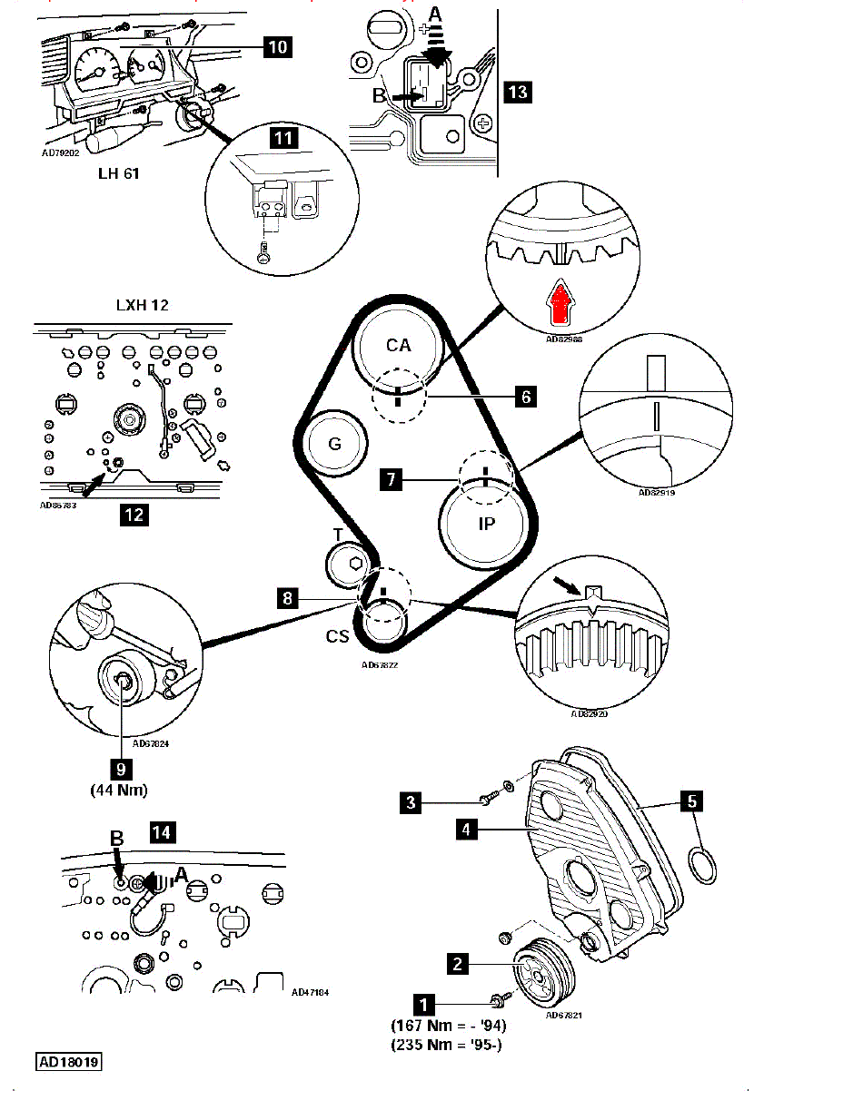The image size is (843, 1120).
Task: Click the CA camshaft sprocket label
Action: pyautogui.click(x=398, y=345)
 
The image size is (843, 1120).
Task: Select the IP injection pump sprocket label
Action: pyautogui.click(x=486, y=524)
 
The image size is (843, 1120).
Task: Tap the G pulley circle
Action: pyautogui.click(x=335, y=444)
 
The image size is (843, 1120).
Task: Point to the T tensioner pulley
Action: pyautogui.click(x=350, y=565)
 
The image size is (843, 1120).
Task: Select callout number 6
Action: pyautogui.click(x=524, y=396)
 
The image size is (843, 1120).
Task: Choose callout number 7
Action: pyautogui.click(x=391, y=478)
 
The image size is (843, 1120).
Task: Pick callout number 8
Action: pyautogui.click(x=289, y=598)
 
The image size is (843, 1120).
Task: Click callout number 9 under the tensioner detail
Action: pyautogui.click(x=122, y=768)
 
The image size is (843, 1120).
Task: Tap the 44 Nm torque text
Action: pyautogui.click(x=118, y=790)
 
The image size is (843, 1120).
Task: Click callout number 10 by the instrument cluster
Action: pyautogui.click(x=279, y=46)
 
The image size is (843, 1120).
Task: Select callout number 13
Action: pyautogui.click(x=518, y=92)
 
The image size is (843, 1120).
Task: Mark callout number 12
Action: pyautogui.click(x=134, y=515)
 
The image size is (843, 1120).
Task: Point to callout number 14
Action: pyautogui.click(x=163, y=832)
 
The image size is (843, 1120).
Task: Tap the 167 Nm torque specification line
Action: pyautogui.click(x=448, y=1026)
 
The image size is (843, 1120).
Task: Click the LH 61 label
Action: pyautogui.click(x=118, y=172)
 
